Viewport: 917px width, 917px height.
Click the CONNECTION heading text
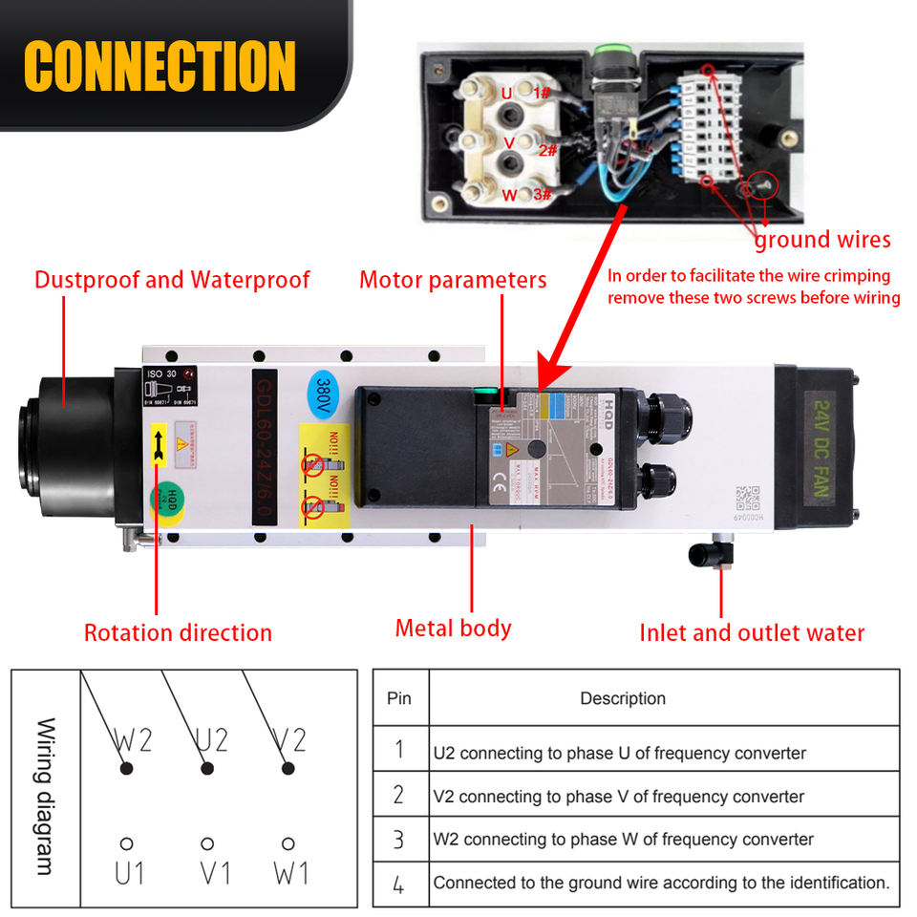click(160, 66)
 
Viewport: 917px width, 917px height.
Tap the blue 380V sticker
click(324, 391)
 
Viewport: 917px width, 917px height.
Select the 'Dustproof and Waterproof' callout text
click(172, 280)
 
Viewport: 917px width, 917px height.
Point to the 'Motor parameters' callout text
click(453, 280)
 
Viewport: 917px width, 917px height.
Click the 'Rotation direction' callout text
click(178, 632)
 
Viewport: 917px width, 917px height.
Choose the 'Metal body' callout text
click(453, 629)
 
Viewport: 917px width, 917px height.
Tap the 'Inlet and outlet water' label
click(752, 632)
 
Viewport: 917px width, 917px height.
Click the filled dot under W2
click(125, 768)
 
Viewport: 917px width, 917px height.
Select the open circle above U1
click(126, 844)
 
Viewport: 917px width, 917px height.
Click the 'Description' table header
click(623, 698)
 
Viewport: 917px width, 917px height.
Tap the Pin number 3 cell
click(398, 840)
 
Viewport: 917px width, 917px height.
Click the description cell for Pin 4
click(661, 883)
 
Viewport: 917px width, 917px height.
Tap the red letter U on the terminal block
click(507, 94)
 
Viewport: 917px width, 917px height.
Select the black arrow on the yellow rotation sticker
click(158, 447)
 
